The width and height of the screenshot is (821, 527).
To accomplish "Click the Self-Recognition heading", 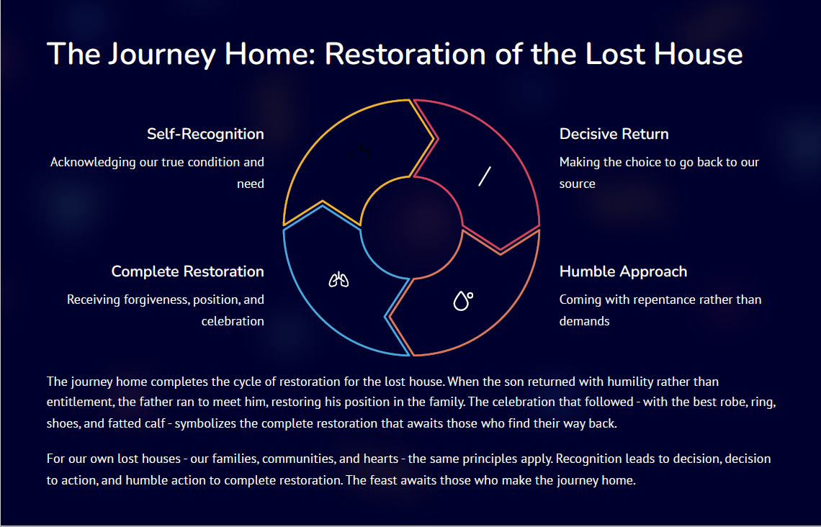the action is (205, 134).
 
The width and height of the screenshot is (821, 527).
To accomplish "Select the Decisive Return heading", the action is (614, 134).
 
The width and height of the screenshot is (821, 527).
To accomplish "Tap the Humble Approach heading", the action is (623, 271).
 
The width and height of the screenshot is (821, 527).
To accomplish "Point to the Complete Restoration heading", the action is (187, 271).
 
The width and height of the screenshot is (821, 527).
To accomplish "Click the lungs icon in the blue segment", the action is (338, 279).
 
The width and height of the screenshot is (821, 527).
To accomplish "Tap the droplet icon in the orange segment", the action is (463, 301).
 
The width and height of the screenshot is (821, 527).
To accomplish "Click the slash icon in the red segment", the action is (485, 176).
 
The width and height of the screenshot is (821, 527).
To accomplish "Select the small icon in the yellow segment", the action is (360, 152).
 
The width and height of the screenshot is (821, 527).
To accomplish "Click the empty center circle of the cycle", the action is (411, 228).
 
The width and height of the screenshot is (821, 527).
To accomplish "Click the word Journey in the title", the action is (162, 55).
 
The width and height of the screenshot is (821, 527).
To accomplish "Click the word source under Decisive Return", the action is (577, 184).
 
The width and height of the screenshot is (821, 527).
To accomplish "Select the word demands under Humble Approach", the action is (584, 321).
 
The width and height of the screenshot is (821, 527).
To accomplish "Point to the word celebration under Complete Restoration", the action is (233, 321).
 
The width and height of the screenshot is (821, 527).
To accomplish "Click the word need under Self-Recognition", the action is (251, 184).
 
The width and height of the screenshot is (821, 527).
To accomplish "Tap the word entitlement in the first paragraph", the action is (75, 402).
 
